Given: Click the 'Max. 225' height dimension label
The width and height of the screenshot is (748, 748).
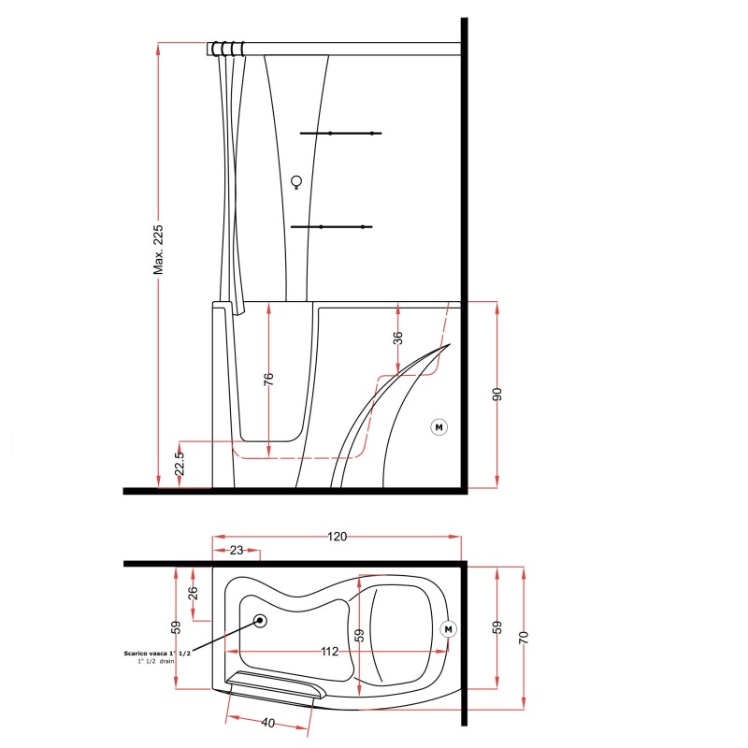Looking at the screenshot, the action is [158, 250].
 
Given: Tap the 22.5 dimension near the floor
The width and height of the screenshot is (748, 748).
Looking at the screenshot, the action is [180, 464].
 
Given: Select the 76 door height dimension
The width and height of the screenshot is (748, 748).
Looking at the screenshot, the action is [269, 380].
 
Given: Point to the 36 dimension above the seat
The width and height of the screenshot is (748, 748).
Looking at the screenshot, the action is [398, 338].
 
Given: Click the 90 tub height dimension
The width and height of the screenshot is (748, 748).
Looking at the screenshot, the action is [497, 395].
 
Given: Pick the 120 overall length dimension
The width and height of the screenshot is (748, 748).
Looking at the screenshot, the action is [337, 537].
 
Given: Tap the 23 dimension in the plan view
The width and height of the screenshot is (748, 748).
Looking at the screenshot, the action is [237, 550].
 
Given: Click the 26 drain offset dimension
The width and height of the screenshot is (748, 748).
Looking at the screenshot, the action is [193, 593].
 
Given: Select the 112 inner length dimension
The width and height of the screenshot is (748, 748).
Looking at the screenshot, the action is [330, 651].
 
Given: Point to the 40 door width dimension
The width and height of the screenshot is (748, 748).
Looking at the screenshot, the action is [267, 723].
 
